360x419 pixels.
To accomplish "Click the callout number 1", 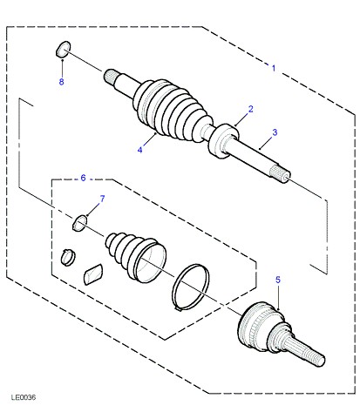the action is pyautogui.click(x=274, y=68).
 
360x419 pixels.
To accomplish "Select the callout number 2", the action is pyautogui.click(x=251, y=109).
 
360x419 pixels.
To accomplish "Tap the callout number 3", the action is pyautogui.click(x=275, y=132).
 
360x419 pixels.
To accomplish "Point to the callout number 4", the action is pyautogui.click(x=140, y=150).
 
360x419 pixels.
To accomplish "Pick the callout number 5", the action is pyautogui.click(x=278, y=280).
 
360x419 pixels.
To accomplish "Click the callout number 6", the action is pyautogui.click(x=83, y=178).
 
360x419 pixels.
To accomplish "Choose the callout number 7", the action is pyautogui.click(x=102, y=199).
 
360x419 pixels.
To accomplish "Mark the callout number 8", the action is pyautogui.click(x=61, y=82).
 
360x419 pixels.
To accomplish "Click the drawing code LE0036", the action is pyautogui.click(x=24, y=397).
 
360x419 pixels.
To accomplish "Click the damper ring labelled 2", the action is pyautogui.click(x=223, y=141).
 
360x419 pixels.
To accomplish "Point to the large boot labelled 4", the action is pyautogui.click(x=172, y=111).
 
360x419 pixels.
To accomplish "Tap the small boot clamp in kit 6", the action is pyautogui.click(x=68, y=257).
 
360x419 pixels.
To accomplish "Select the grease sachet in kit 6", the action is pyautogui.click(x=93, y=274).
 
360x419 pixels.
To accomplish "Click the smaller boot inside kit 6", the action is pyautogui.click(x=136, y=256).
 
